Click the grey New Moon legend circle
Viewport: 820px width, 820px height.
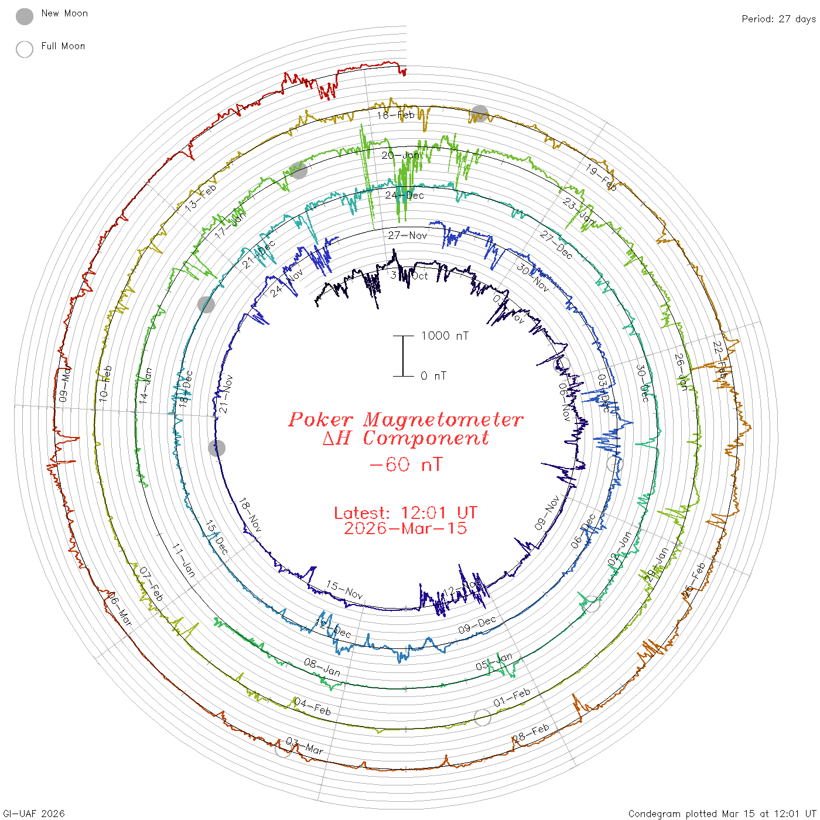pyautogui.click(x=25, y=16)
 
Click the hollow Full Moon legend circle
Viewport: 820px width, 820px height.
pyautogui.click(x=25, y=49)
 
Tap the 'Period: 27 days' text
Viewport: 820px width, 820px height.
pyautogui.click(x=778, y=19)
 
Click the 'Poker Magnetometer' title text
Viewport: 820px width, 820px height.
pyautogui.click(x=405, y=419)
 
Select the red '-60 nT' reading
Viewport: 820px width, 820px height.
pyautogui.click(x=405, y=464)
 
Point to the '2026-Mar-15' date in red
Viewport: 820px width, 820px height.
pyautogui.click(x=405, y=528)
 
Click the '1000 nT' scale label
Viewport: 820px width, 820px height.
pyautogui.click(x=445, y=336)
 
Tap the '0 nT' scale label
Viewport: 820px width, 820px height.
pyautogui.click(x=433, y=376)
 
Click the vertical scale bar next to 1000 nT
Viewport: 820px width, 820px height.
pyautogui.click(x=403, y=356)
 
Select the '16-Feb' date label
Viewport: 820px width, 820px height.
pyautogui.click(x=396, y=115)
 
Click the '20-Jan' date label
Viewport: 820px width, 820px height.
pyautogui.click(x=401, y=155)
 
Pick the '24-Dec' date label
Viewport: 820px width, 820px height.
pyautogui.click(x=404, y=195)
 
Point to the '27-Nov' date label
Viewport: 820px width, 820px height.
pyautogui.click(x=408, y=235)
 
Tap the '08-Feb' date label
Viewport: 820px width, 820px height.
pyautogui.click(x=531, y=733)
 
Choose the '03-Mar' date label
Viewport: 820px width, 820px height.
pyautogui.click(x=305, y=746)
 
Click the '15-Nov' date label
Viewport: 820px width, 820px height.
pyautogui.click(x=344, y=590)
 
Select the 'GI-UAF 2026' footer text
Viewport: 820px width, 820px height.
pyautogui.click(x=34, y=814)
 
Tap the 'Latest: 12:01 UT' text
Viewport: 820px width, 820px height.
pyautogui.click(x=405, y=513)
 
